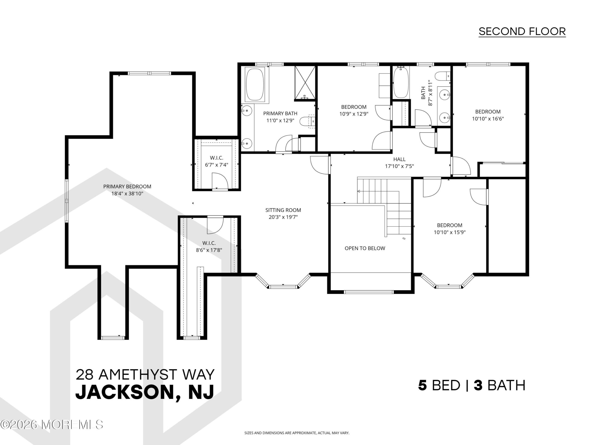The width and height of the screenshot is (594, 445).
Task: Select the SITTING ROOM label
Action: (x=283, y=210)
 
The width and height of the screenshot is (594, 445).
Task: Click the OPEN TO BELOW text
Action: (x=365, y=248)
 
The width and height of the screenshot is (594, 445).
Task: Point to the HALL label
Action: (x=399, y=159)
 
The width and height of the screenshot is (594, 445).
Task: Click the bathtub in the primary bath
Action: (x=255, y=85)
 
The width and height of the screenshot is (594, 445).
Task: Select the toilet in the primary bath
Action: (x=307, y=121)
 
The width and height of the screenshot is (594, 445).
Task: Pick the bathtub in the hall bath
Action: (x=401, y=82)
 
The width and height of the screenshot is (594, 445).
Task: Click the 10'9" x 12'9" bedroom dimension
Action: (x=354, y=114)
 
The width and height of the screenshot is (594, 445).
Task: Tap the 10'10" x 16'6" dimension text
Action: (x=488, y=119)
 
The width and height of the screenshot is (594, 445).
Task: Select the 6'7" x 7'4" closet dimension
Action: (x=216, y=165)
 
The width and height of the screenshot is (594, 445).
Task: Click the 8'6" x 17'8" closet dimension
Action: (x=209, y=250)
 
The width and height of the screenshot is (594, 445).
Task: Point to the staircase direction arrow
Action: (x=378, y=191)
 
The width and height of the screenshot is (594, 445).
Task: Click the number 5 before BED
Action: (x=422, y=385)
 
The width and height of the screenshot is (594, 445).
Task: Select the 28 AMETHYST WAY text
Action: (x=145, y=375)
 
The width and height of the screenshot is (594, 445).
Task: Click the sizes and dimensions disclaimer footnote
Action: (x=297, y=433)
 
